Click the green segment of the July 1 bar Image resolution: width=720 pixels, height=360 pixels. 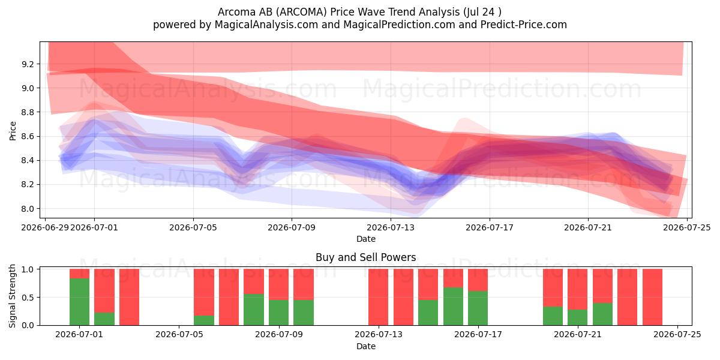tap(79, 302)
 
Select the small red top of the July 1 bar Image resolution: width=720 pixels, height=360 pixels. tap(79, 274)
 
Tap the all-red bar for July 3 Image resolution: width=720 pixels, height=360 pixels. tap(129, 297)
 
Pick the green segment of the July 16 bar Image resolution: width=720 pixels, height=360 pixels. tap(453, 307)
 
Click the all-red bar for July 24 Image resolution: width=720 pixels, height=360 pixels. tap(653, 297)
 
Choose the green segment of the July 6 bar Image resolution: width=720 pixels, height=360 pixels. tap(204, 320)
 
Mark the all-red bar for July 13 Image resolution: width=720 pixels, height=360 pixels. tap(379, 297)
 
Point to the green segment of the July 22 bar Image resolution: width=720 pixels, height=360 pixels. tap(602, 314)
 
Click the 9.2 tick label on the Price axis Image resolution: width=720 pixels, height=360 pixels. tap(28, 64)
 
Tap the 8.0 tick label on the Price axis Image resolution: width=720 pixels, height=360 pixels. tap(28, 209)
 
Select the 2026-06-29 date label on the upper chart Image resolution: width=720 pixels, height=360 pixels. tap(45, 227)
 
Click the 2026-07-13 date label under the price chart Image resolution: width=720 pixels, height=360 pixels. tap(391, 227)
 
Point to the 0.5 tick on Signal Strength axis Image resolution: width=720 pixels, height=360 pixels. tap(28, 298)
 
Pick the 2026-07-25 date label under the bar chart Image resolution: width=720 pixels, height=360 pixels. tap(677, 335)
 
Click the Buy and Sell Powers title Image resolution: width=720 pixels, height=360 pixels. tap(366, 257)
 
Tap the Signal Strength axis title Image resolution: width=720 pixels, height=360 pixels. tap(12, 296)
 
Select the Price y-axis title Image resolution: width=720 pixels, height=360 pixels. tap(13, 131)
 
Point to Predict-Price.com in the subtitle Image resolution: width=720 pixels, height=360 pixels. tap(524, 25)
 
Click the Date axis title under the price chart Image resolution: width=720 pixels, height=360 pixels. tap(366, 239)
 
